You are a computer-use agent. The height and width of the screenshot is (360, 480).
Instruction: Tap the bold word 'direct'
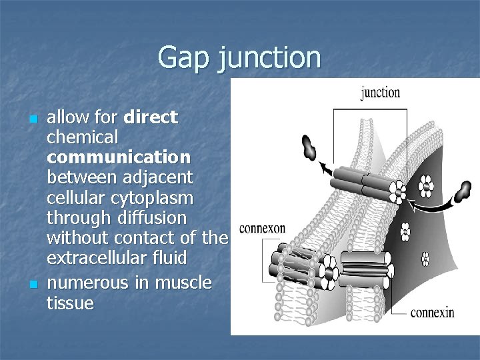(x=151, y=118)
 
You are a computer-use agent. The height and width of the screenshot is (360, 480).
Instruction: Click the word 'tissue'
(x=71, y=303)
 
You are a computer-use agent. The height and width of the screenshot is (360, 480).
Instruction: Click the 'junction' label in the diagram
(x=380, y=92)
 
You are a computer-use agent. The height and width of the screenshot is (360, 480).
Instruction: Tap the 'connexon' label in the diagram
(x=262, y=229)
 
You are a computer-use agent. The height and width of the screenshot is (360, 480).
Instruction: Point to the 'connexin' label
(x=432, y=311)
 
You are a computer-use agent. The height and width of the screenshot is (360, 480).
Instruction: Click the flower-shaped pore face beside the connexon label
(x=330, y=273)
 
